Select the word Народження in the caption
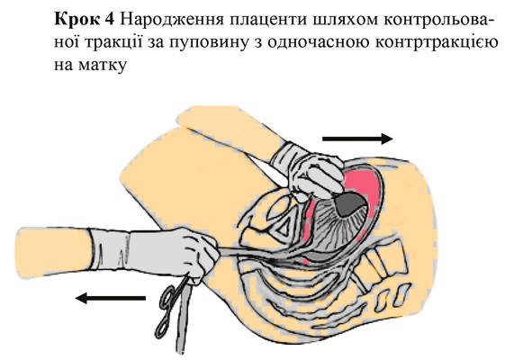coord(170,22)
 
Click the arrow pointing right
coord(357,139)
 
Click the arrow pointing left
coord(110,298)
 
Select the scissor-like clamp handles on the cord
coord(169,307)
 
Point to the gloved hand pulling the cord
coord(196,254)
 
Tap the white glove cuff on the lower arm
coord(111,252)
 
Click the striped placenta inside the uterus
coord(332,227)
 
